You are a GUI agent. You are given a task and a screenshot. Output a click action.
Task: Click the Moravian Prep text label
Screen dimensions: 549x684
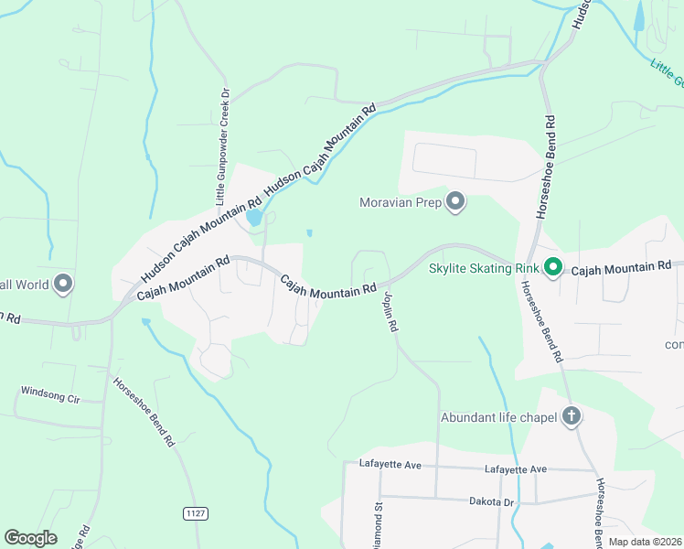(x=401, y=201)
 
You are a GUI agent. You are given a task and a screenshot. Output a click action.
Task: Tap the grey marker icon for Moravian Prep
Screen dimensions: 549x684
(x=455, y=201)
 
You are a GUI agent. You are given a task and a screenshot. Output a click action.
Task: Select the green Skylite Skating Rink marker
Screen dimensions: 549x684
(x=552, y=268)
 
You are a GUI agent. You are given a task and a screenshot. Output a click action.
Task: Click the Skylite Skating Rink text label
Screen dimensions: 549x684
(x=483, y=268)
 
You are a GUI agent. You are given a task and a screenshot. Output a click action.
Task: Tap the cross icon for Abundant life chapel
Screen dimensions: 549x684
(x=572, y=417)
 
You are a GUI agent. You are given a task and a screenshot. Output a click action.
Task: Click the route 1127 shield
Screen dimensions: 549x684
(x=193, y=513)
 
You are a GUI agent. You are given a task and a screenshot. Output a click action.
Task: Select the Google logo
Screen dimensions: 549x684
(x=30, y=538)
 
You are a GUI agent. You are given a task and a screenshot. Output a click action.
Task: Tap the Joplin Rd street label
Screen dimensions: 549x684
(x=390, y=312)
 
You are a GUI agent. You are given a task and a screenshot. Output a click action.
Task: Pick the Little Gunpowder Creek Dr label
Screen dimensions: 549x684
(x=220, y=146)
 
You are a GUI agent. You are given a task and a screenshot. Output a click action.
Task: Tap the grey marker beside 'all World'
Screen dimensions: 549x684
(x=62, y=285)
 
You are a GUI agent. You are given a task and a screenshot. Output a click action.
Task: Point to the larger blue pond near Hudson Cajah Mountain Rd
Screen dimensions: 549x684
(x=253, y=218)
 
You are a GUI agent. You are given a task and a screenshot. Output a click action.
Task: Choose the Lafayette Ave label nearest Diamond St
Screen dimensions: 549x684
(x=390, y=466)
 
